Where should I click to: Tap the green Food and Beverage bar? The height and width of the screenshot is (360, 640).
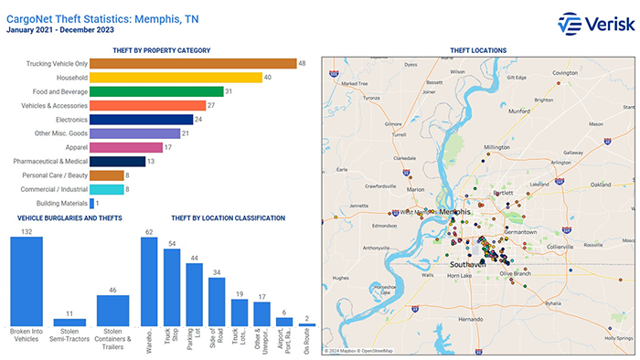pos(156,91)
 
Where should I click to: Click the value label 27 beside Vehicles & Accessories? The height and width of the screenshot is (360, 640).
pos(211,105)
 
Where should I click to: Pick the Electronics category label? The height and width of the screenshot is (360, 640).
pos(70,120)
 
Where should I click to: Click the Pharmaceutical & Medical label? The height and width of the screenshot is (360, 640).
pos(50,162)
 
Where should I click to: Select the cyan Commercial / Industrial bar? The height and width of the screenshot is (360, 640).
pos(107,189)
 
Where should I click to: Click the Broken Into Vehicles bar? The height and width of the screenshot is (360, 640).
pos(33,283)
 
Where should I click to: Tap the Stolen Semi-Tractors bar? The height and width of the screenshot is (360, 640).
pos(76,323)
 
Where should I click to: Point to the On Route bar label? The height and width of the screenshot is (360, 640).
pos(306,340)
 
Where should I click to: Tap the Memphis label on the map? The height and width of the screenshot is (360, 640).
pos(453,212)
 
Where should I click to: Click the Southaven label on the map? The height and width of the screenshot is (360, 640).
pos(469,264)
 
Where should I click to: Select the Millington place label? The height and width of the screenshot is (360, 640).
pos(497,147)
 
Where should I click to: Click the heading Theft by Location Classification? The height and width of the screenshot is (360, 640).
pos(228,217)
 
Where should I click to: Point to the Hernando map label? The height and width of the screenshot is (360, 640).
pos(472,319)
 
